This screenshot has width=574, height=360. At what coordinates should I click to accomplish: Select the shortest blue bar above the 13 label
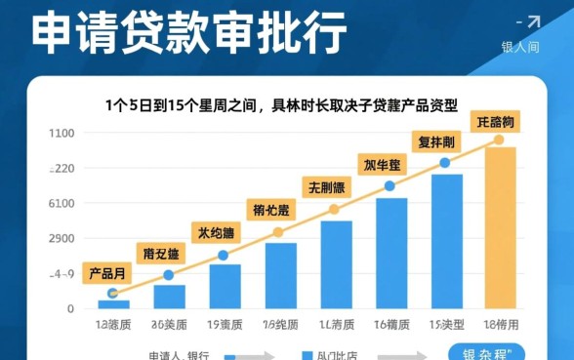click(113, 303)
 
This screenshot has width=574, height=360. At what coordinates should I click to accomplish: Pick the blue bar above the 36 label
click(169, 297)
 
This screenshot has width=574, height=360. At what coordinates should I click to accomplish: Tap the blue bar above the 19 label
click(225, 286)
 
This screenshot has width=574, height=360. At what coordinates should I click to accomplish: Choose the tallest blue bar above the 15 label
click(447, 241)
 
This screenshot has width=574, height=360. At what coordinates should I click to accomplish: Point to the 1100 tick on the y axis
click(61, 134)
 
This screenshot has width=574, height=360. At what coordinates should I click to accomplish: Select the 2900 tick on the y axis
click(61, 239)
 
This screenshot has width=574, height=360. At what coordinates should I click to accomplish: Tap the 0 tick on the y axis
click(69, 309)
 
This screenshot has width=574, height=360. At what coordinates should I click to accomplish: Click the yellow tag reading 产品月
click(107, 272)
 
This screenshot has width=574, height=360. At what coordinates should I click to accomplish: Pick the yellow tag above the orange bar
click(496, 122)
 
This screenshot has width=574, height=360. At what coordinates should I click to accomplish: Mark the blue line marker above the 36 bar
click(169, 274)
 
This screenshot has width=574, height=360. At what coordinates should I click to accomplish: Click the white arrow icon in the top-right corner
click(532, 21)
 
